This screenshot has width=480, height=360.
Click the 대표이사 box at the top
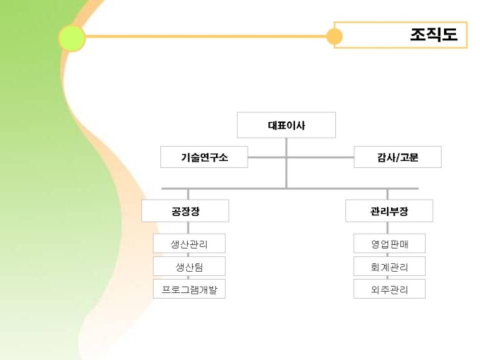tap(286, 126)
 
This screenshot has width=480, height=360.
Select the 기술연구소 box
tap(204, 157)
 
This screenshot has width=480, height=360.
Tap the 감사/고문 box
tap(397, 157)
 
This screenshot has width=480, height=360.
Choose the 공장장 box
tap(185, 211)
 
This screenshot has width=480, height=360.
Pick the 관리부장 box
tap(389, 211)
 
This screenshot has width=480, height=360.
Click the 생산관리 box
tap(188, 244)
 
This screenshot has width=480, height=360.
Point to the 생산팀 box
tap(188, 266)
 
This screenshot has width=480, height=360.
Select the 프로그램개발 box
tap(188, 289)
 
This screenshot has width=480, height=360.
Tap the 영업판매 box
tap(389, 244)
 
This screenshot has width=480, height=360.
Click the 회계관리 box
tap(389, 266)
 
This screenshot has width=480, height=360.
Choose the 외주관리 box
tap(389, 289)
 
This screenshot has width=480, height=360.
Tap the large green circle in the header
tap(71, 37)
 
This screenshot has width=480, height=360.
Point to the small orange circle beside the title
tap(335, 36)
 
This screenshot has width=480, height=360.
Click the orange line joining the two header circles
tap(205, 36)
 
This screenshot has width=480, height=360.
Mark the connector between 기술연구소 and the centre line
tap(267, 157)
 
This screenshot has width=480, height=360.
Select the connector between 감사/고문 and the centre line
tap(320, 157)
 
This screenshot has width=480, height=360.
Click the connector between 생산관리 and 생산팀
tap(188, 255)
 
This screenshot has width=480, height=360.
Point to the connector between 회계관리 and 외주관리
tap(389, 277)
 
